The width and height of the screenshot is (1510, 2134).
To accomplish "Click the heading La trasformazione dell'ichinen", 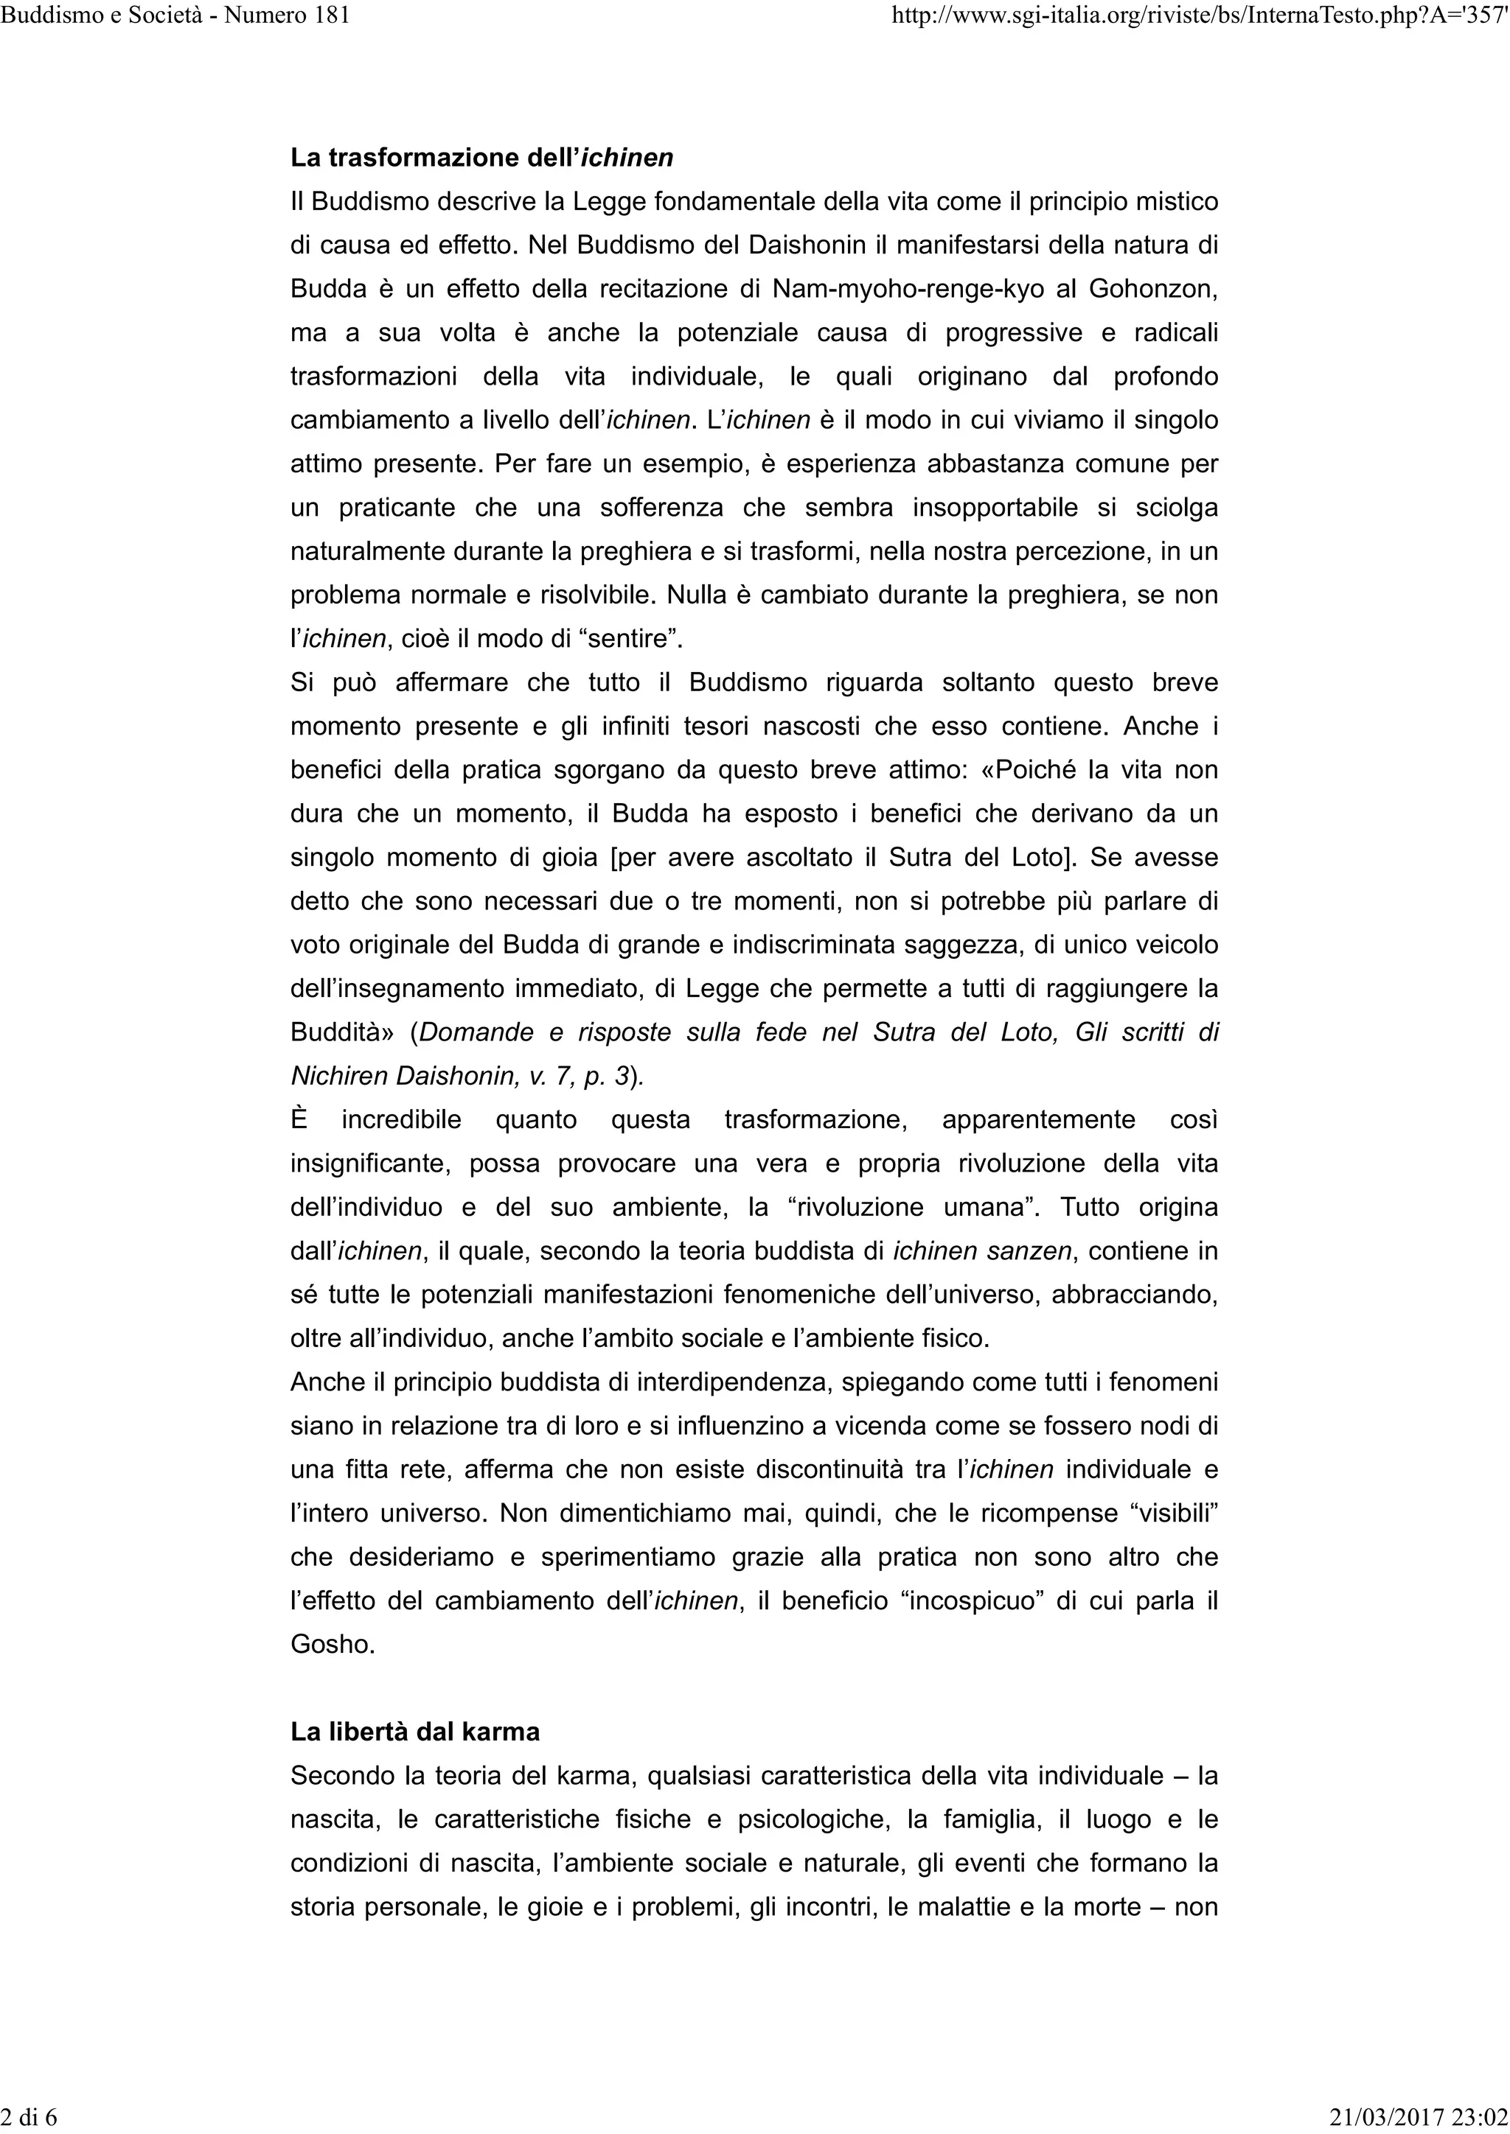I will point(481,157).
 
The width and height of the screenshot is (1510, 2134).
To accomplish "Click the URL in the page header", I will point(1200,15).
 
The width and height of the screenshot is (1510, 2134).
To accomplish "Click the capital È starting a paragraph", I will point(299,1119).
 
